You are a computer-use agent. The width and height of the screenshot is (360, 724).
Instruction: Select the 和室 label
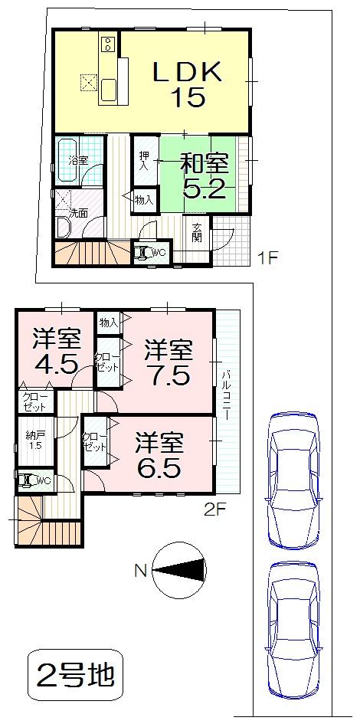(204, 163)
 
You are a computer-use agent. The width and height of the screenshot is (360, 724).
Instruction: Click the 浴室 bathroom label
(78, 161)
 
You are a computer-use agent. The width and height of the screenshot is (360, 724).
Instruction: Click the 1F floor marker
(266, 258)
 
